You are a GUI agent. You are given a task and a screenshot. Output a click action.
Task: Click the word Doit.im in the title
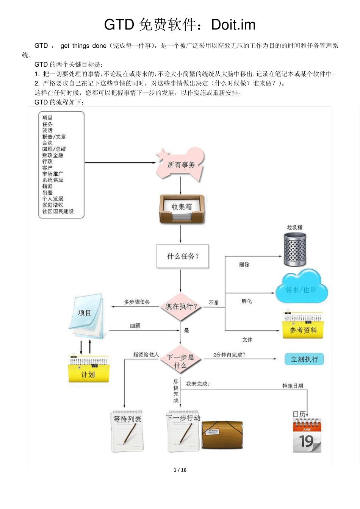click(x=233, y=25)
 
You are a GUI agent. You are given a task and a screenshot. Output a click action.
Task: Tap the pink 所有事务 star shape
click(x=180, y=164)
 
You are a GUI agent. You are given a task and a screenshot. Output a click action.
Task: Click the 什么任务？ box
click(x=183, y=256)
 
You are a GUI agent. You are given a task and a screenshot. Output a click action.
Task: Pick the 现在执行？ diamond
click(x=181, y=306)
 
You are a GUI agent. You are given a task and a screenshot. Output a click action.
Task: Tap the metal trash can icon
click(x=295, y=249)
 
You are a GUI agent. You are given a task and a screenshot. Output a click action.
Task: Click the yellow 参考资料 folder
click(x=303, y=326)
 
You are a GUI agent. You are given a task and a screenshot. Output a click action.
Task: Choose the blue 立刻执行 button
click(x=304, y=359)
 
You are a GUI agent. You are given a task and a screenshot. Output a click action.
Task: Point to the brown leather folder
click(x=222, y=434)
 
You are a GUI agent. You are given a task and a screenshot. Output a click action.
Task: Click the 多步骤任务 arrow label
click(x=137, y=302)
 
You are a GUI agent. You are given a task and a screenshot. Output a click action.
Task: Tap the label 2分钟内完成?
click(x=229, y=355)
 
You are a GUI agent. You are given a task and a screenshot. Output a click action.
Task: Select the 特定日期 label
click(x=293, y=386)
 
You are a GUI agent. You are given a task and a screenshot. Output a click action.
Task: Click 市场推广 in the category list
click(x=53, y=174)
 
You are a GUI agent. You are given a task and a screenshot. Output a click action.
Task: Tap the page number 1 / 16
click(x=180, y=470)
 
